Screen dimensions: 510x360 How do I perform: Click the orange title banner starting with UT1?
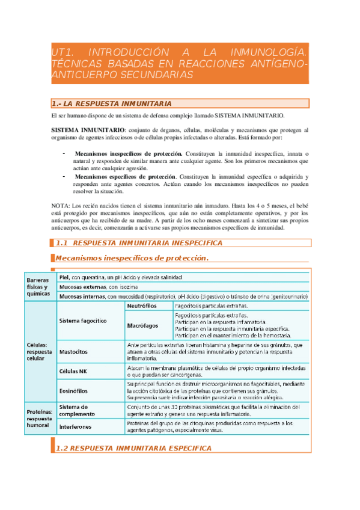[180, 63]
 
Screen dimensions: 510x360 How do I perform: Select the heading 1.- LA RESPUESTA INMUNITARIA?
[113, 103]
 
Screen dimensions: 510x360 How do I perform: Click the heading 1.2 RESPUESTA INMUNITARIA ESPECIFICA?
[133, 448]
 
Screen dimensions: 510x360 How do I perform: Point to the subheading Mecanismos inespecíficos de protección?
[132, 258]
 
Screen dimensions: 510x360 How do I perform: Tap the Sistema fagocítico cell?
[82, 321]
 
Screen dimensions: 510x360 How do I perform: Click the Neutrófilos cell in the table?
[141, 306]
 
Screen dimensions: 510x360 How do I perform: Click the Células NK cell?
[74, 370]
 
